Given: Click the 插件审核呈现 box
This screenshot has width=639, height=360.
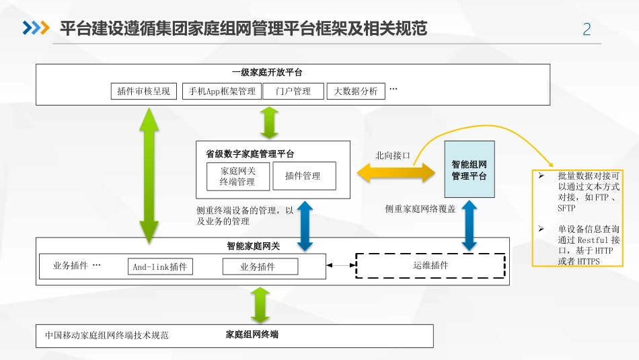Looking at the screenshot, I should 143,92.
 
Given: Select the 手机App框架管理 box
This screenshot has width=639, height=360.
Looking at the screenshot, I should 221,92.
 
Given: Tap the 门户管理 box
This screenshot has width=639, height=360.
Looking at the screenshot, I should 293,92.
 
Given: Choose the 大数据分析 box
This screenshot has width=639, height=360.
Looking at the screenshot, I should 356,92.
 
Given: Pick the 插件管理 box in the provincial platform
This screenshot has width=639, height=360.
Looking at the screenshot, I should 303,176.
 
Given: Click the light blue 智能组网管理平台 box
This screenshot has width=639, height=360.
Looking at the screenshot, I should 469,170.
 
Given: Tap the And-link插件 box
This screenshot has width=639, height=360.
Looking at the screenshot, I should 160,267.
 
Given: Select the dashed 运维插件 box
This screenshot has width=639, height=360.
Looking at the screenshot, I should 430,265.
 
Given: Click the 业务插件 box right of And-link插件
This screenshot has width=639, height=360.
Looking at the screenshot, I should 258,267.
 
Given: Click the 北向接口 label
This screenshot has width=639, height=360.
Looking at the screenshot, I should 393,155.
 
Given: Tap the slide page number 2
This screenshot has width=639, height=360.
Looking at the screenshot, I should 587,30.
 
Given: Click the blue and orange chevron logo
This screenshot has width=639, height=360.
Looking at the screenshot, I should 36,28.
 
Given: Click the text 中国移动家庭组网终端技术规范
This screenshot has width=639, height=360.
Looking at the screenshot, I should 107,335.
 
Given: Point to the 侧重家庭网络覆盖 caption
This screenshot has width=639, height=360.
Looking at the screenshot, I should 420,209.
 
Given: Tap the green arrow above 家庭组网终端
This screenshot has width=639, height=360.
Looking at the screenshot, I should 259,305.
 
